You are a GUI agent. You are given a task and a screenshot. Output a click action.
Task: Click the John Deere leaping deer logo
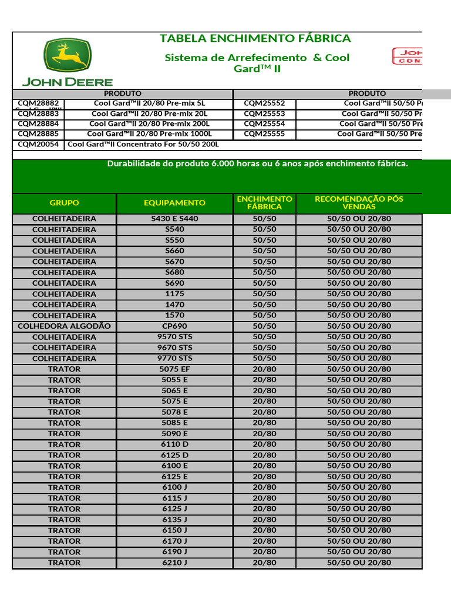pos(67,56)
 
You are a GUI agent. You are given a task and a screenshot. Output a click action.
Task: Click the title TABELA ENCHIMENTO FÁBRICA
pos(255,39)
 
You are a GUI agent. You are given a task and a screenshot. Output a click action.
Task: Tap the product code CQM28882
pos(38,103)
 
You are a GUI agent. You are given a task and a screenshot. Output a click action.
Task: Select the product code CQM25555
pos(264,134)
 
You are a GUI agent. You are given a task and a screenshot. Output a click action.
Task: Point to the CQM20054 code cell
pos(38,145)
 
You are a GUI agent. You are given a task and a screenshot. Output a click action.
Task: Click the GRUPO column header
pos(64,203)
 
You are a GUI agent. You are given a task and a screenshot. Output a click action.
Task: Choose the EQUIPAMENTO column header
pos(174,203)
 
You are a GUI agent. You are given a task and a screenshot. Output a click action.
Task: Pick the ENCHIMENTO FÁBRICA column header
pos(264,203)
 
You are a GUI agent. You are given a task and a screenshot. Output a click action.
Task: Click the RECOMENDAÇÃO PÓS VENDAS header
pos(359,203)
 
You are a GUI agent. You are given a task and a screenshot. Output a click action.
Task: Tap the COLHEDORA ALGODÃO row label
pos(64,326)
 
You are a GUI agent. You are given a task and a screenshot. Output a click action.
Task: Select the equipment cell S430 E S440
pos(174,219)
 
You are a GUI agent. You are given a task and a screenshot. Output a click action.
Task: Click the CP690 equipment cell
pos(174,326)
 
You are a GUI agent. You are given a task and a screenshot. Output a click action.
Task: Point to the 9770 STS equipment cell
pos(174,358)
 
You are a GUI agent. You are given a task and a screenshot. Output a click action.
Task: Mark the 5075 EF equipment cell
pos(174,369)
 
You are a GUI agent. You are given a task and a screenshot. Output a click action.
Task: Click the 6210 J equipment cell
pos(174,563)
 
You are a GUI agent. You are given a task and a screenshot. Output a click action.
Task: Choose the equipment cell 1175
pos(174,294)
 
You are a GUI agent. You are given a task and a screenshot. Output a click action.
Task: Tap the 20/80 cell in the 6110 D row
pos(264,444)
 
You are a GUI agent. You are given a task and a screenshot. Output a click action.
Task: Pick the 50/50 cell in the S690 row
pos(264,283)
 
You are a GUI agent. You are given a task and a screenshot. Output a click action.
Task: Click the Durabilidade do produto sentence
pos(257,163)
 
